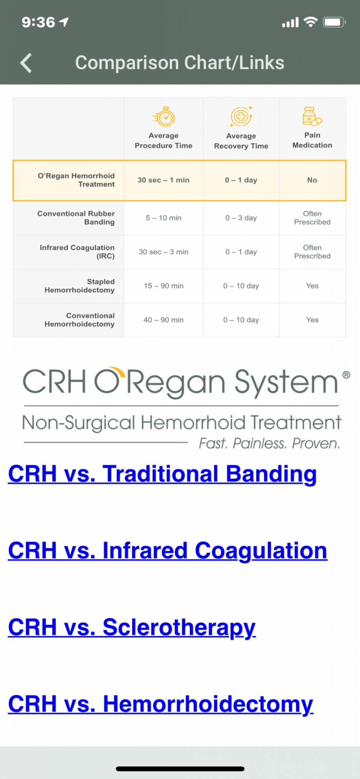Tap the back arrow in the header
pos(26,63)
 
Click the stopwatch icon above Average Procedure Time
pos(164,116)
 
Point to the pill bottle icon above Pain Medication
pos(312,116)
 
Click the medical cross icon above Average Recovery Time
pos(241,116)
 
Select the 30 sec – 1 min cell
pos(164,180)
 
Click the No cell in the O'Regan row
pos(312,180)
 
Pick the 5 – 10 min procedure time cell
pos(164,218)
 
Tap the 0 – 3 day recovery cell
pos(241,218)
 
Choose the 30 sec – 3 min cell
pos(164,252)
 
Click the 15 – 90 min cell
pos(164,286)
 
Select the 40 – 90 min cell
pos(164,320)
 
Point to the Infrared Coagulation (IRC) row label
pos(77,252)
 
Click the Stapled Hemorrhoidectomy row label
pos(79,286)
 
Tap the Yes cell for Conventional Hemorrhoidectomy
pos(312,320)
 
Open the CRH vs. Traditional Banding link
pos(162,474)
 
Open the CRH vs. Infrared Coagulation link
pos(168,551)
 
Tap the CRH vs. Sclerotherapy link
pos(132,627)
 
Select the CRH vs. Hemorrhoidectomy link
pos(161,704)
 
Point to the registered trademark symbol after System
pos(346,375)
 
